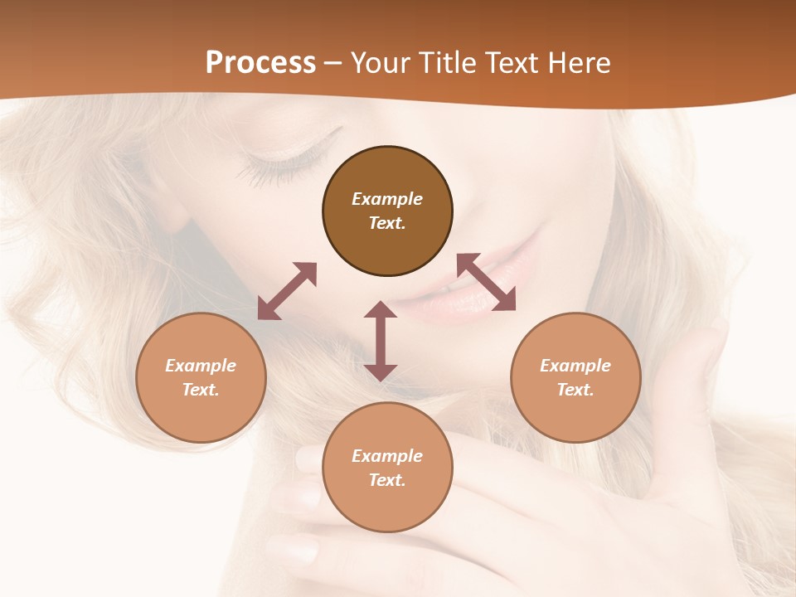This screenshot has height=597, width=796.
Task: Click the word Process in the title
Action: tap(260, 63)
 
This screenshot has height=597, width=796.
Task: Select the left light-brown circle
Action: tap(201, 377)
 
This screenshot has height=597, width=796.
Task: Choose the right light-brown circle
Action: tap(575, 377)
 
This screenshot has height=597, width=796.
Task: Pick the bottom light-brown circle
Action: tap(387, 468)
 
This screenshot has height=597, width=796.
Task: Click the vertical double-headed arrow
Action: tap(381, 341)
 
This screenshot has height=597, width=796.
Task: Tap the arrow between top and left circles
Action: tap(287, 291)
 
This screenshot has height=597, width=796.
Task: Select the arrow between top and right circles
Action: tap(486, 282)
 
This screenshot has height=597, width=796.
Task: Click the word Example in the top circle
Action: tap(387, 199)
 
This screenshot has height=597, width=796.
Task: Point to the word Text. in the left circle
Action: tap(201, 390)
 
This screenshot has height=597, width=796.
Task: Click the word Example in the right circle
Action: tap(575, 366)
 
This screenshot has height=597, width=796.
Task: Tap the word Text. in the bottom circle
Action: tap(387, 480)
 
